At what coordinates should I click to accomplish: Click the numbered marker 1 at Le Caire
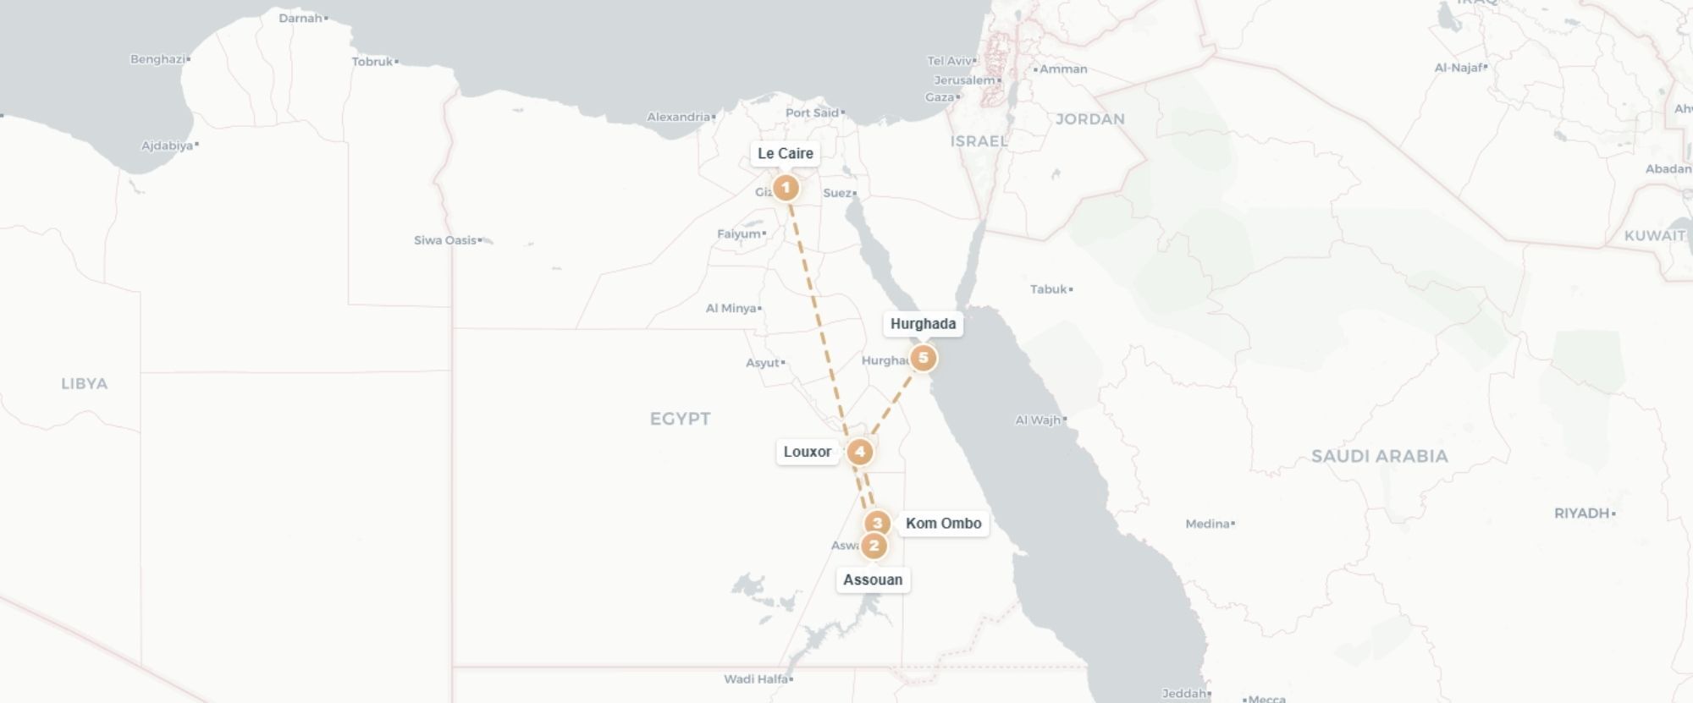(x=786, y=187)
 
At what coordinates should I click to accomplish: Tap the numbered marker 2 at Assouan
(x=874, y=546)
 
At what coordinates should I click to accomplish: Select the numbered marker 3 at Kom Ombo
(x=877, y=523)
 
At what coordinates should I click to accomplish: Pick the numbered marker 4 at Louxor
(x=859, y=452)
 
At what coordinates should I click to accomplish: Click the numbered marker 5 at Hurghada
(x=923, y=358)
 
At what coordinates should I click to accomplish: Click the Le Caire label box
(x=785, y=153)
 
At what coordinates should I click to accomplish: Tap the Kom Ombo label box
(x=943, y=523)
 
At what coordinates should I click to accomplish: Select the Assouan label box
(x=873, y=579)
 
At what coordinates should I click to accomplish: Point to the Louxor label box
(x=807, y=452)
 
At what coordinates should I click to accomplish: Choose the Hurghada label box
(x=923, y=323)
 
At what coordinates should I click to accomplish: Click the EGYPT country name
(x=680, y=419)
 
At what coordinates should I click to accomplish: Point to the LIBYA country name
(x=85, y=384)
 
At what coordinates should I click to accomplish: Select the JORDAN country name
(x=1089, y=119)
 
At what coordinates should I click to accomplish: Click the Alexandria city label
(x=679, y=117)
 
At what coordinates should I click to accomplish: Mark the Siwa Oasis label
(x=445, y=240)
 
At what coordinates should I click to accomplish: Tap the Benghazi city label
(x=157, y=59)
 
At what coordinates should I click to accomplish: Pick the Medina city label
(x=1208, y=524)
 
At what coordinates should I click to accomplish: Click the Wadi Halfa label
(x=756, y=678)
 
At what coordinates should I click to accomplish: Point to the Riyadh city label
(x=1581, y=513)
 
